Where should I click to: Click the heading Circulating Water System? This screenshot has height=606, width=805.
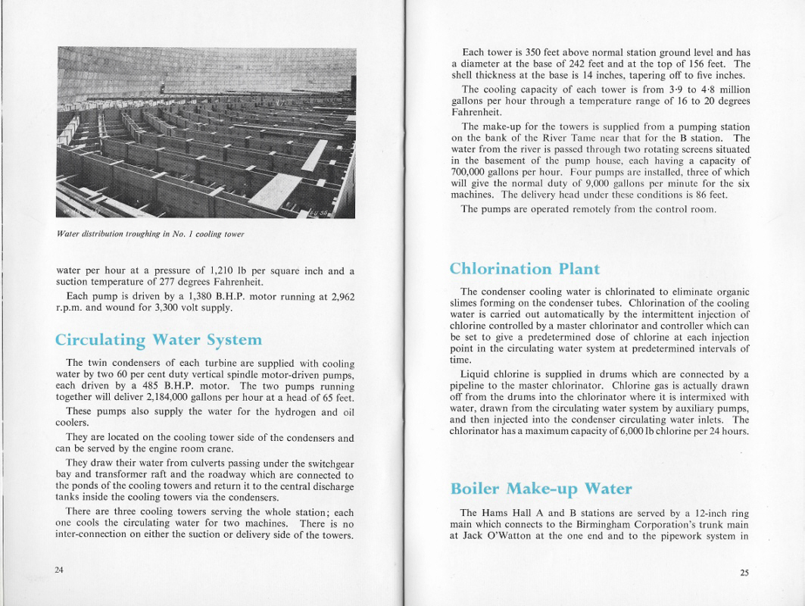pos(158,339)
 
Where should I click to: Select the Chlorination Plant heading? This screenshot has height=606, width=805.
pos(524,269)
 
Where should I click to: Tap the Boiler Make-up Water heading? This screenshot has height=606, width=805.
pos(541,489)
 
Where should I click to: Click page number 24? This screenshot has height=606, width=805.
pos(59,570)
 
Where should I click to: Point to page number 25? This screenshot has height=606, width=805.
pos(744,573)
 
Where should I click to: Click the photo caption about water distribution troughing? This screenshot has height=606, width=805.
pos(151,234)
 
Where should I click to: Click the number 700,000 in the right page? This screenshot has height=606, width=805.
pos(475,172)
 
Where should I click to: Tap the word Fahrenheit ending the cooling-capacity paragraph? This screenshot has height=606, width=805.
pos(477,112)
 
